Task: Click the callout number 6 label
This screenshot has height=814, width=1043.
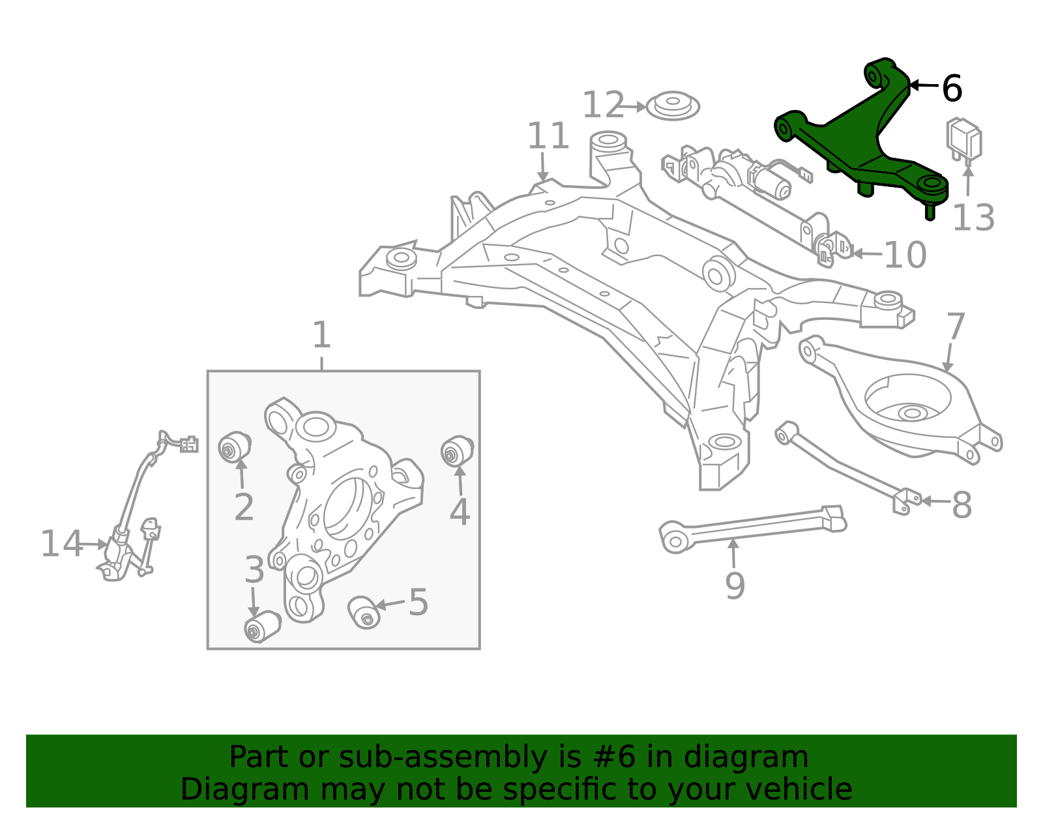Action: [x=952, y=89]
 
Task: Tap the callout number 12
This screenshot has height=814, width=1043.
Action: [x=603, y=106]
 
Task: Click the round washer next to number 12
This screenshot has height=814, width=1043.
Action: [x=673, y=106]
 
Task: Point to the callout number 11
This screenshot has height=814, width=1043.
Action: [x=548, y=137]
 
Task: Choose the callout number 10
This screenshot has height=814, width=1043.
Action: [x=905, y=255]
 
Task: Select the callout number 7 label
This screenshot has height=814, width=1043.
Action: [x=956, y=327]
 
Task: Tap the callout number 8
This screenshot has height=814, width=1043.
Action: [x=962, y=505]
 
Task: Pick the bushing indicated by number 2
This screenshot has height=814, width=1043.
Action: [x=233, y=447]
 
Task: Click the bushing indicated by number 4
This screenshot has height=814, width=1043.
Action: [x=457, y=451]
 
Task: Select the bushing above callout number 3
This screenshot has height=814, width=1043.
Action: [x=261, y=627]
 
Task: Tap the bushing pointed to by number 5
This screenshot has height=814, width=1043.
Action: [x=364, y=611]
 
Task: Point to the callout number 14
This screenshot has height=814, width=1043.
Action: [x=61, y=544]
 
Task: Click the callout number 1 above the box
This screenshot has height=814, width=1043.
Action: [x=321, y=336]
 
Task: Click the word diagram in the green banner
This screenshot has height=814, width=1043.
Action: [x=746, y=757]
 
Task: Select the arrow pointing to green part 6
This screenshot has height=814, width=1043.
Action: [x=924, y=85]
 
